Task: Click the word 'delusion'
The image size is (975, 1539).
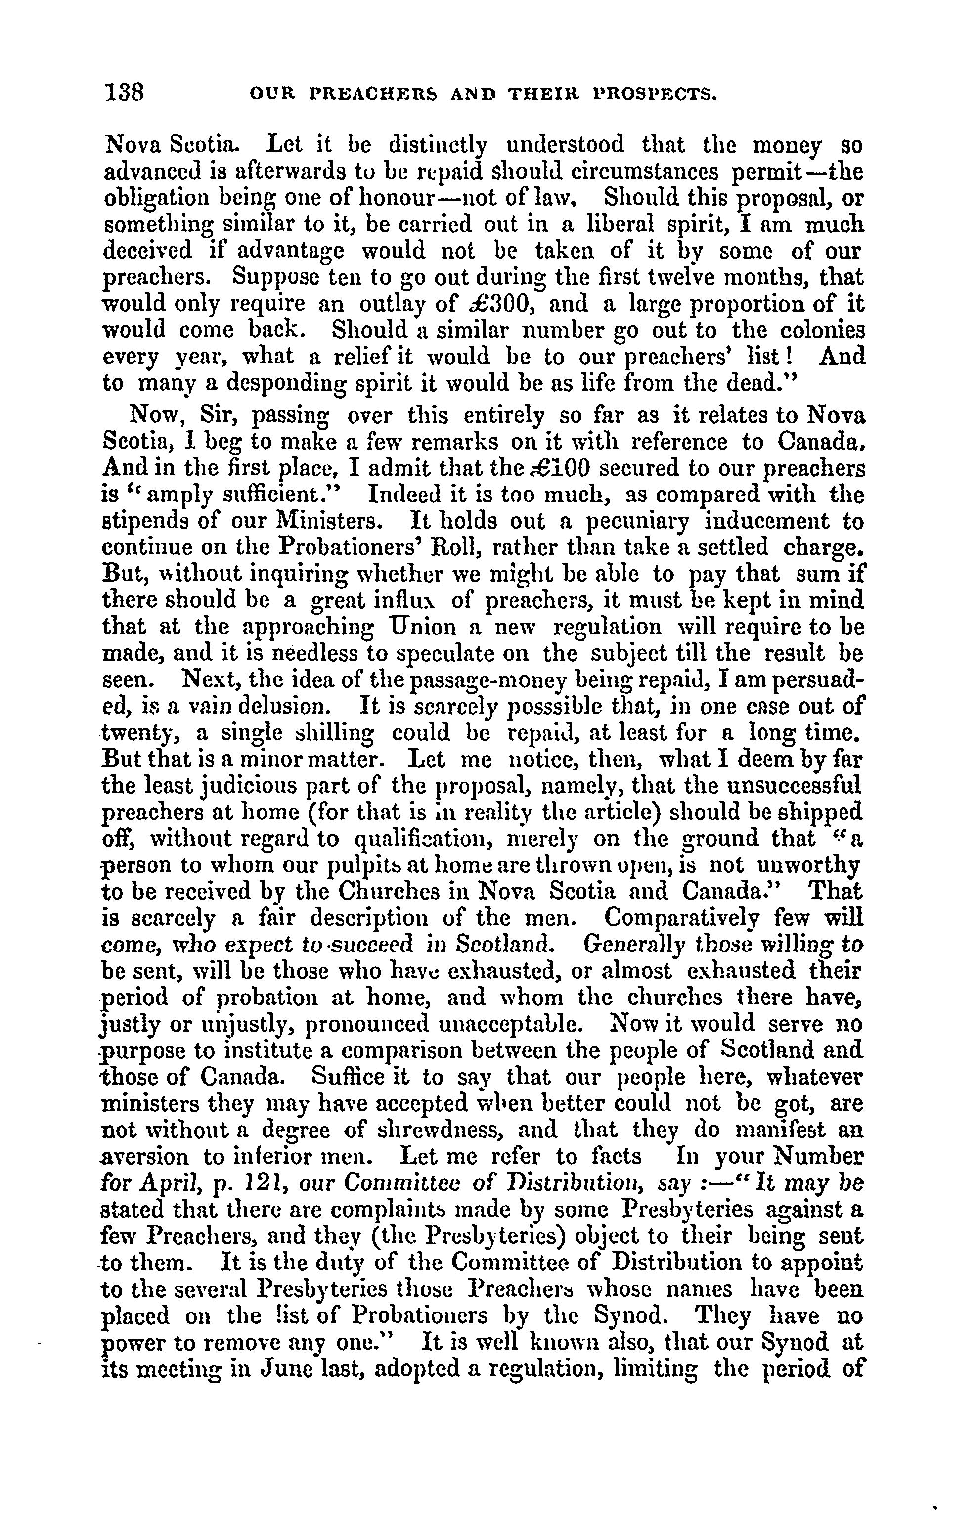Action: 280,707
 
